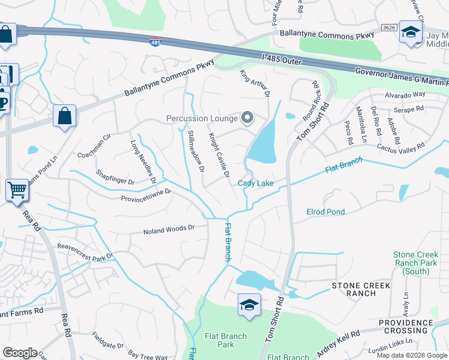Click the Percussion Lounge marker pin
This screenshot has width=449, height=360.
[247, 118]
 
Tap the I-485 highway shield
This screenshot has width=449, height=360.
[155, 42]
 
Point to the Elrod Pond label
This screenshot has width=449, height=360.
[325, 212]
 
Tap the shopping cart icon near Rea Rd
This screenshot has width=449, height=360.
[18, 190]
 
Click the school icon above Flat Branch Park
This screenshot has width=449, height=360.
[249, 305]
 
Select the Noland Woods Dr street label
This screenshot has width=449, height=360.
[169, 229]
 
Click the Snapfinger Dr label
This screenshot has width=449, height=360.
[115, 176]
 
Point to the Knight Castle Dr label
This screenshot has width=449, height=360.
[219, 155]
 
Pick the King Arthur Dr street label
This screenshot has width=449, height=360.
[255, 83]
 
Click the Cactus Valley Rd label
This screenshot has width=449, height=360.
[400, 146]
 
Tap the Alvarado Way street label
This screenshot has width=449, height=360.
[406, 95]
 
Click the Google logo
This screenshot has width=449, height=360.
[20, 353]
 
